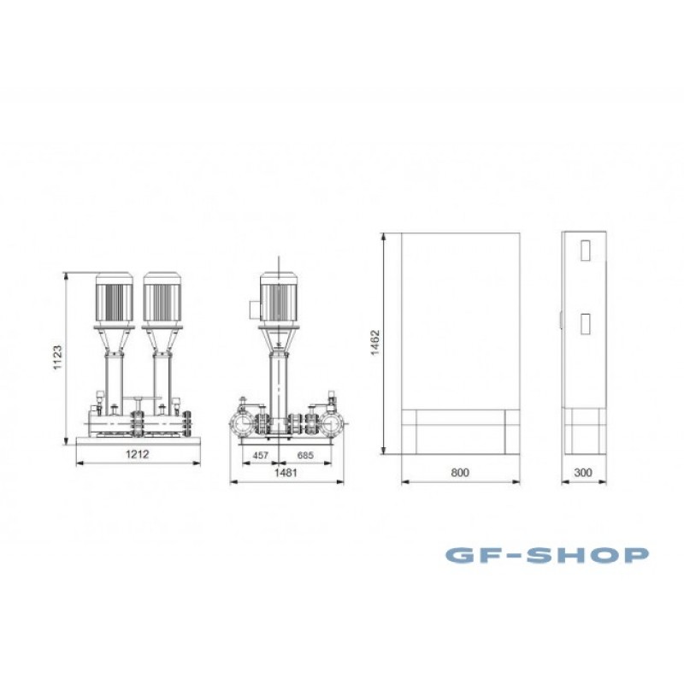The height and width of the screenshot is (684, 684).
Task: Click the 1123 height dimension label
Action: tap(57, 357)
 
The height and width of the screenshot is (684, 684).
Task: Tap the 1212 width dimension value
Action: tap(138, 454)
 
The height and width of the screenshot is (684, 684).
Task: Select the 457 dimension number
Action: tap(261, 456)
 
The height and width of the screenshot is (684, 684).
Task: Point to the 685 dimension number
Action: tap(305, 456)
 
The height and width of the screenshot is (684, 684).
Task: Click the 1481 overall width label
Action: tap(286, 473)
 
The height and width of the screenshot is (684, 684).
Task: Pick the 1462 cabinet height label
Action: tap(375, 343)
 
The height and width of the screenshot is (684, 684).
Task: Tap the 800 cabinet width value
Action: tap(460, 473)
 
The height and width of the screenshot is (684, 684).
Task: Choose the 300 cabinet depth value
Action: tap(583, 473)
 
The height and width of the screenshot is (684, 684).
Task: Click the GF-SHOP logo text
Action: tap(547, 555)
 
